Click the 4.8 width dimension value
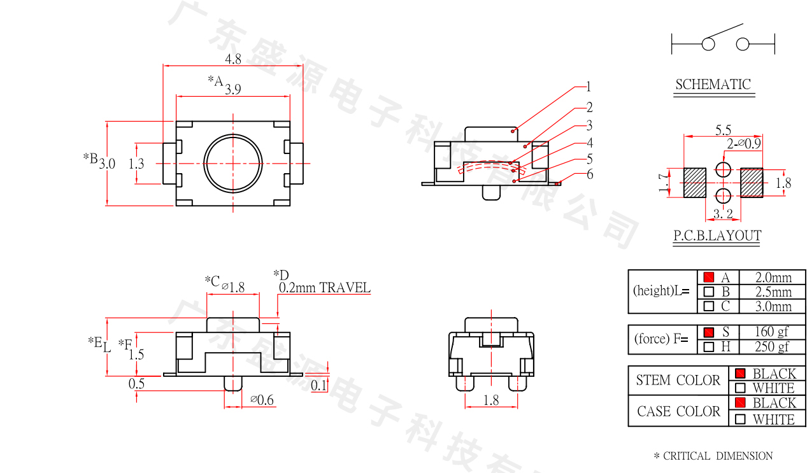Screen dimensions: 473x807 [233, 59]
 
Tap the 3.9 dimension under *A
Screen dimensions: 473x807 [232, 89]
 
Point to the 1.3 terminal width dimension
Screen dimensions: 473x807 [136, 164]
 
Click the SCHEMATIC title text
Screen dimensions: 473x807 [713, 84]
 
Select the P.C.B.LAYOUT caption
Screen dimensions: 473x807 [717, 236]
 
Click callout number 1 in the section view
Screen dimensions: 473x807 [589, 87]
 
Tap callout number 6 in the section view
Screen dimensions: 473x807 [590, 174]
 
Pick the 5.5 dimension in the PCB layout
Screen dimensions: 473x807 [723, 130]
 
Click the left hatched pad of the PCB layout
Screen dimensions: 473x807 [695, 182]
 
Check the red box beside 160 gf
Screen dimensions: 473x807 [709, 332]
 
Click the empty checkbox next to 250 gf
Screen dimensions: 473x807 [709, 347]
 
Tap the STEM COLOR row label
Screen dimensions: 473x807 [678, 381]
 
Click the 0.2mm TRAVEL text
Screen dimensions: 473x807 [324, 288]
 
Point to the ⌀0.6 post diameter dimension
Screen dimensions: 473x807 [262, 400]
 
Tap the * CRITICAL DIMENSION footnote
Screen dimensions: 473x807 [713, 456]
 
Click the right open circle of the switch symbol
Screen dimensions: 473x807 [743, 44]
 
